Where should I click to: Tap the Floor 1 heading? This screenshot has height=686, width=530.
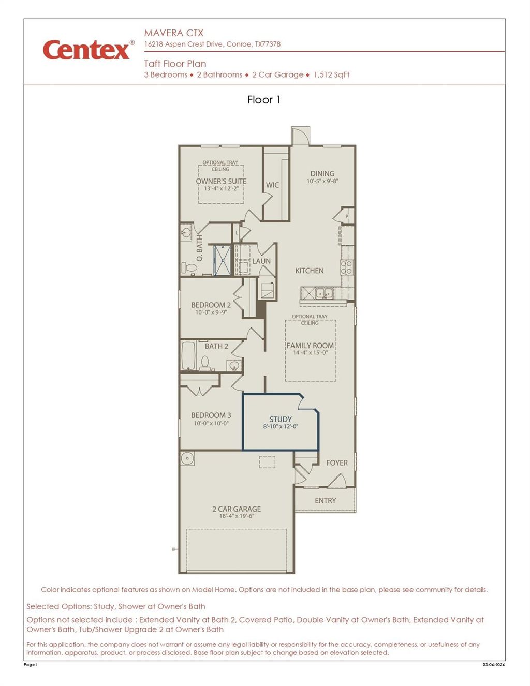263,100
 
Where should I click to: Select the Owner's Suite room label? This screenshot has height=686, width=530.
221,181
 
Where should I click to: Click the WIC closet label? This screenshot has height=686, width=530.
272,185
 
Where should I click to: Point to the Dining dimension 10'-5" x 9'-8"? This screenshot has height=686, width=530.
322,181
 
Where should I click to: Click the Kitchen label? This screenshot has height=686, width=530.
310,271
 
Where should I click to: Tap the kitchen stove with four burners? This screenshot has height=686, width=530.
346,267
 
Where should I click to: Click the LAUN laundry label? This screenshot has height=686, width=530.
261,261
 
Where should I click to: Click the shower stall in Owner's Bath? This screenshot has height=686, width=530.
222,260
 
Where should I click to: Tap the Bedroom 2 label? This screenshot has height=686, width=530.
211,305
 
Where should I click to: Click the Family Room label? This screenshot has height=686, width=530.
310,346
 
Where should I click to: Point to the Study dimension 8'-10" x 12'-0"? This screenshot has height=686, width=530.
281,427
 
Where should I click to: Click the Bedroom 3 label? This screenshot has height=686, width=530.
211,415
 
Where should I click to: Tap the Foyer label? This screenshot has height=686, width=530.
337,463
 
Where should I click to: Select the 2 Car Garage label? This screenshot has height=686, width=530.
237,509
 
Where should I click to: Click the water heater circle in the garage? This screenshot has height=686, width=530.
187,458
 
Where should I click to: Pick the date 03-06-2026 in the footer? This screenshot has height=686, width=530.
494,665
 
